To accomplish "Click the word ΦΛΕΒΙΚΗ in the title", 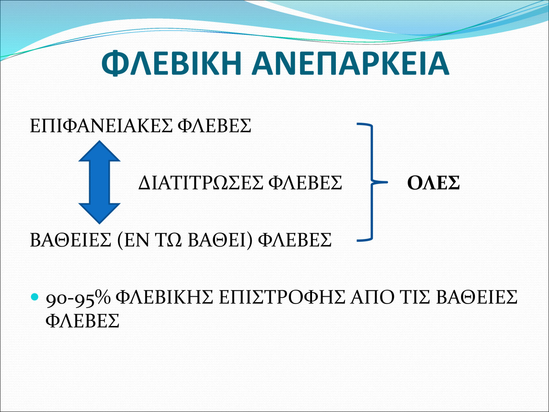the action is [x=171, y=63].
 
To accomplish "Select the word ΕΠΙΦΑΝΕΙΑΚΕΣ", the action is [x=101, y=126].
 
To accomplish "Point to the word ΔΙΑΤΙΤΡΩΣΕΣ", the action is [x=200, y=183].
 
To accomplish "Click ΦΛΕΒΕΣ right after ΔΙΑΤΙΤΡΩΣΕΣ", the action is [x=305, y=183].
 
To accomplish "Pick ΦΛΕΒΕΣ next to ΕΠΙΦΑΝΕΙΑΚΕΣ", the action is [x=215, y=126].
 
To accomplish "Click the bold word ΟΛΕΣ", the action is [x=433, y=183].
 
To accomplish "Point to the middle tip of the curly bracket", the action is [x=387, y=182].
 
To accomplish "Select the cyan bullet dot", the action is [x=34, y=297].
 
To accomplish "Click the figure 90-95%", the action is [x=78, y=298].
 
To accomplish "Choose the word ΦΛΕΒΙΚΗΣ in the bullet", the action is [x=165, y=298].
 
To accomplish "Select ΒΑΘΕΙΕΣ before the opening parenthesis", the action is [x=70, y=239].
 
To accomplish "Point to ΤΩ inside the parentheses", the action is [x=172, y=239].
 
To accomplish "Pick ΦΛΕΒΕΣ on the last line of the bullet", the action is [x=82, y=320].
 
